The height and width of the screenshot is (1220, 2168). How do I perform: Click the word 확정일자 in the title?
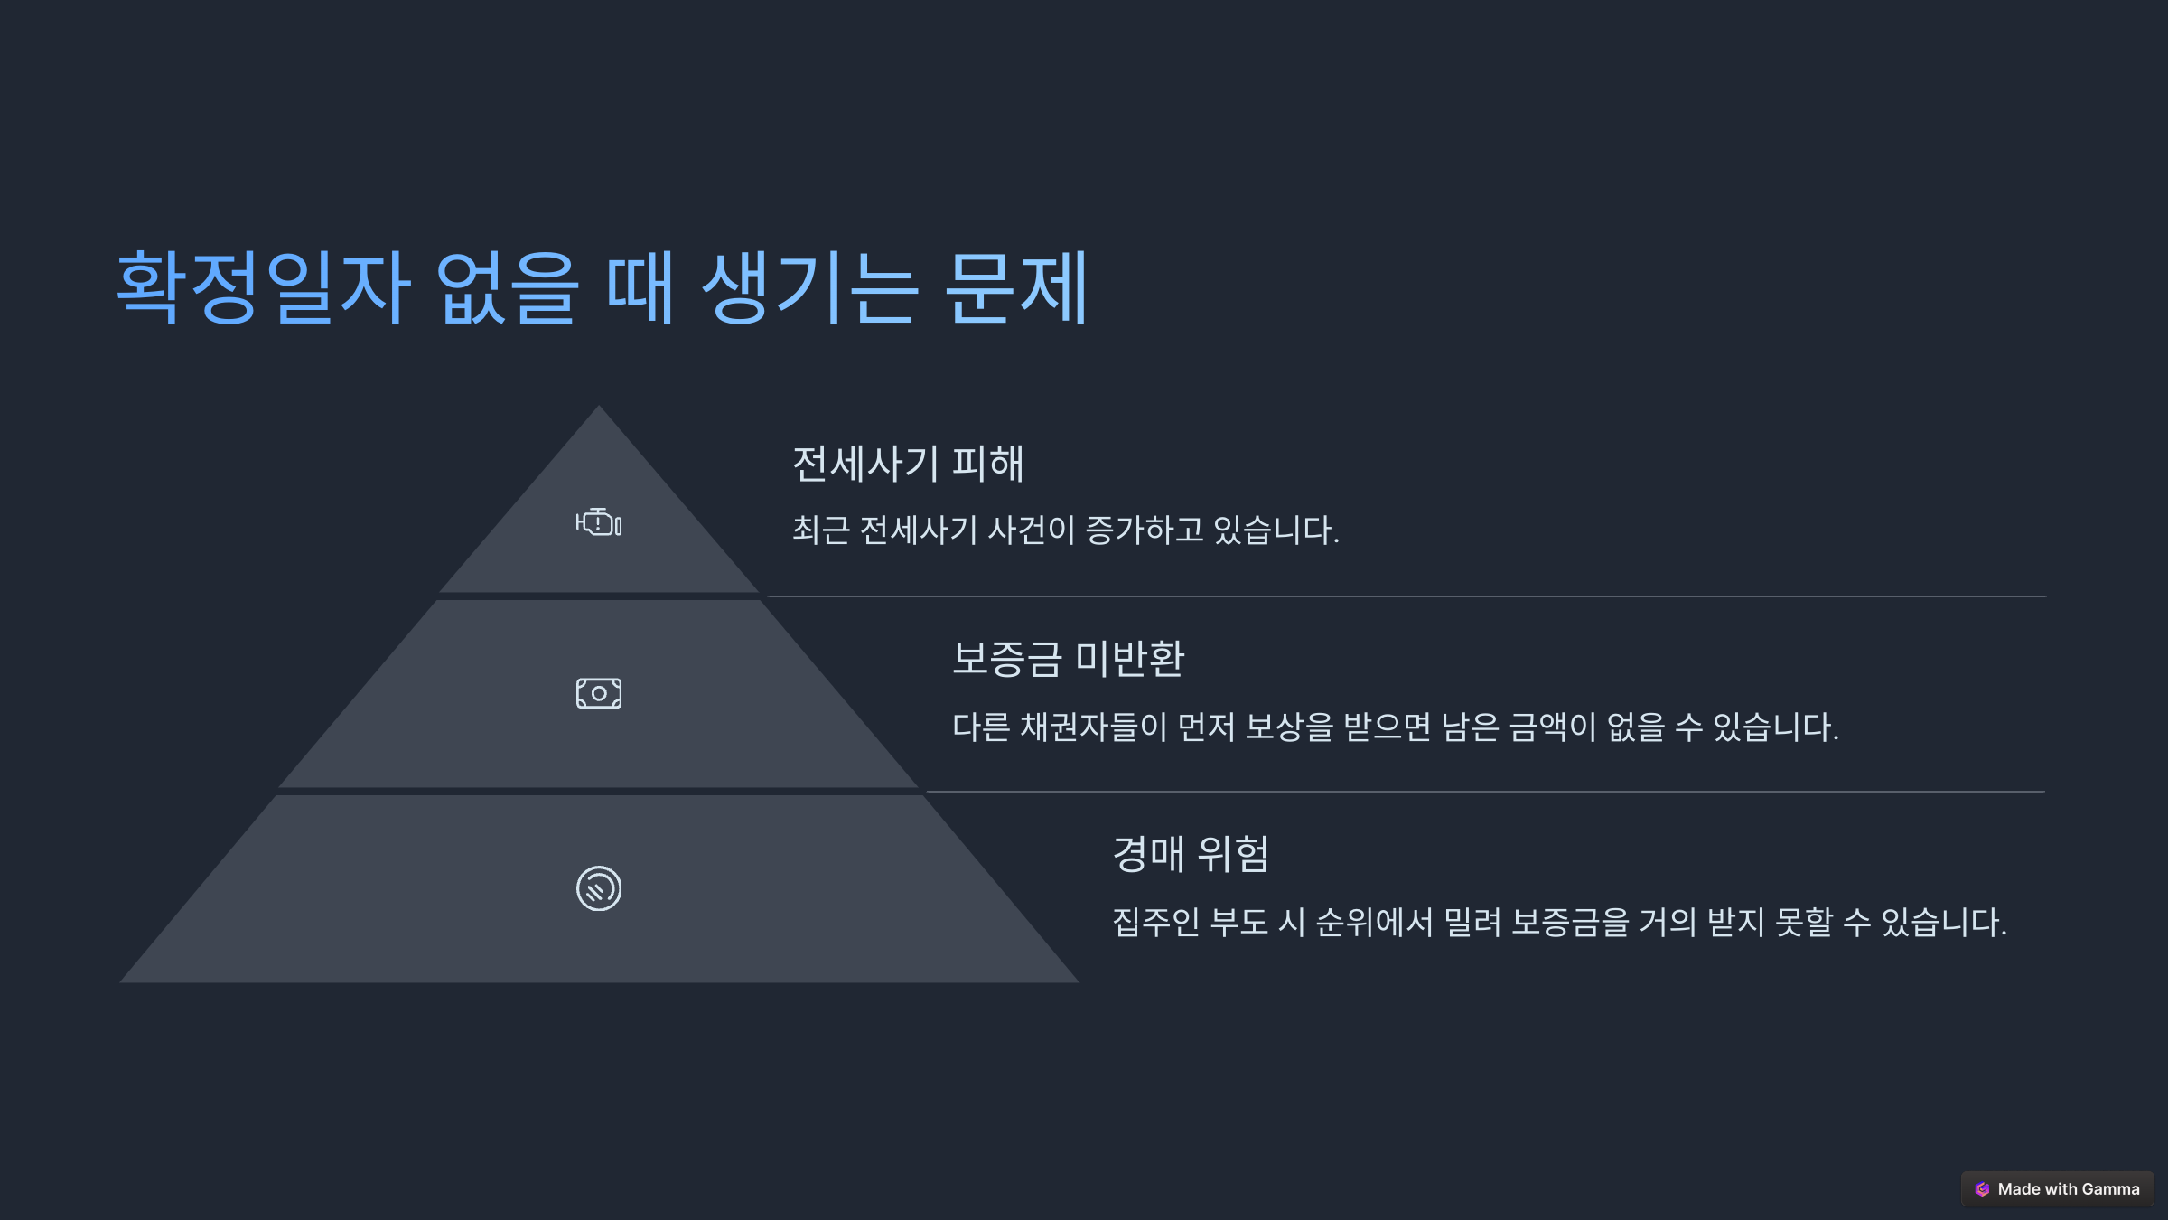pos(264,287)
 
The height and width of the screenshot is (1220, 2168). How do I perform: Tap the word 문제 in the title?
pos(1017,287)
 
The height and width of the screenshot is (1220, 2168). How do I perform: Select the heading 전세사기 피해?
pos(908,464)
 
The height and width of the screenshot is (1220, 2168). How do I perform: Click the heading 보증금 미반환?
pos(1068,659)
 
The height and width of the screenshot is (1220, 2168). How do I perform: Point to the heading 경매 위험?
pos(1191,854)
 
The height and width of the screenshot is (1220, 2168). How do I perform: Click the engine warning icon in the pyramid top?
pos(599,522)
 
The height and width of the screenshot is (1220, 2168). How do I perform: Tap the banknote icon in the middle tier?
pos(599,693)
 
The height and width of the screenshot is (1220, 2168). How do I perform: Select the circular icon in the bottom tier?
pos(599,888)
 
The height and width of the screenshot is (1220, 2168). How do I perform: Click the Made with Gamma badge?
pos(2058,1189)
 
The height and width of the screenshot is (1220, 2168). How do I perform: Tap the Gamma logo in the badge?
pos(1983,1189)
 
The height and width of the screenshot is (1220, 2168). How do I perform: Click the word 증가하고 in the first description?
pos(1145,530)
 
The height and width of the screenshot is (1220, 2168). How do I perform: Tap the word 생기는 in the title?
pos(810,287)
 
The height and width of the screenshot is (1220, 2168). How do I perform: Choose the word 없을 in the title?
pos(507,287)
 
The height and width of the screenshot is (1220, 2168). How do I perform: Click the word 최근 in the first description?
pos(821,530)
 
